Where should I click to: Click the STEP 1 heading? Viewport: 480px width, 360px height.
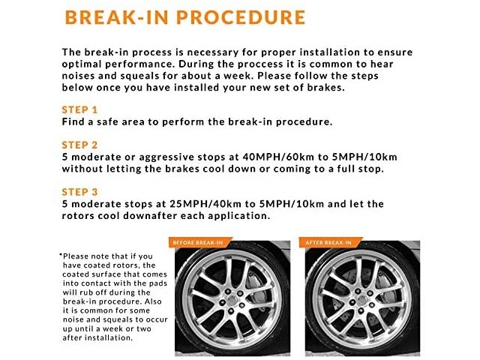[79, 109]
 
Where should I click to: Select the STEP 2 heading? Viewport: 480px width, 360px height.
[79, 144]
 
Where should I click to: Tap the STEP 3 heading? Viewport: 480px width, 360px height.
[79, 191]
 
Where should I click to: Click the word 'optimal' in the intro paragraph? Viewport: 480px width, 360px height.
[84, 64]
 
